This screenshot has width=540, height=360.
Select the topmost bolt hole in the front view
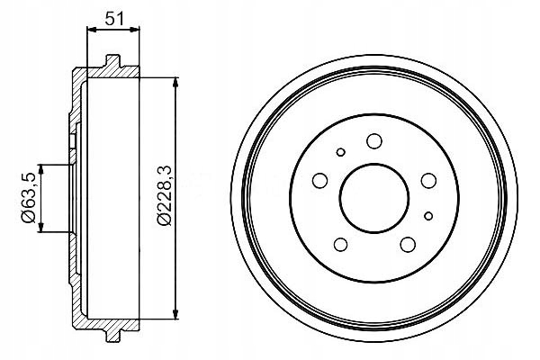click(373, 139)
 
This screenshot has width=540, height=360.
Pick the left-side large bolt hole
click(319, 182)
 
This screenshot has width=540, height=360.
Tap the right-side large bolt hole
click(427, 181)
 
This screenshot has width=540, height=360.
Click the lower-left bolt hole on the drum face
click(339, 244)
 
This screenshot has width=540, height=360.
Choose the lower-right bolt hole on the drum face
click(407, 244)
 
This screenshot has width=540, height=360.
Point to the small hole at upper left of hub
click(339, 152)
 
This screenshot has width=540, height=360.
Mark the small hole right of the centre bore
click(428, 214)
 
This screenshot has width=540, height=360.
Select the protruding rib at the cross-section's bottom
click(112, 334)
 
